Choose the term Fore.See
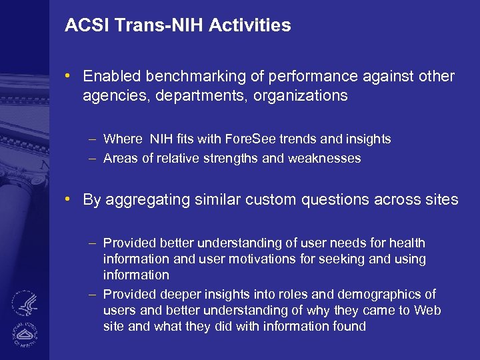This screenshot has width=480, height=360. (x=250, y=139)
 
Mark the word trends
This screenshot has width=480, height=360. (x=295, y=139)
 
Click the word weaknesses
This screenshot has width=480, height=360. (x=324, y=159)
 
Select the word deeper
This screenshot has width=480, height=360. (x=184, y=294)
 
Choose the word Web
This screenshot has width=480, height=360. (x=427, y=310)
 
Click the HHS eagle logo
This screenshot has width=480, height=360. (x=25, y=303)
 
